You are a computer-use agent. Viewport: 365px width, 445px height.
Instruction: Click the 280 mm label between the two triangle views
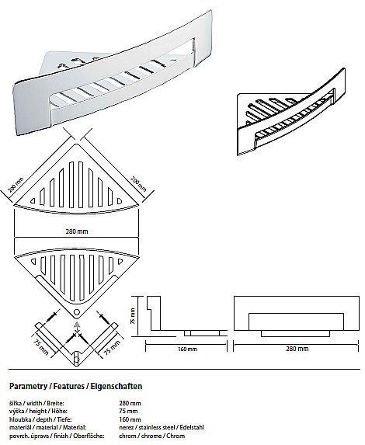pos(77,231)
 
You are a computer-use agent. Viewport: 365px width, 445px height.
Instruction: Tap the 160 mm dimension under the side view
pos(187,349)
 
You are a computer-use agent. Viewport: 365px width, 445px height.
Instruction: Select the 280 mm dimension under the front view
pos(297,349)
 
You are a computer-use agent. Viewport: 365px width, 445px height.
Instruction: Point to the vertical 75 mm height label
pos(133,316)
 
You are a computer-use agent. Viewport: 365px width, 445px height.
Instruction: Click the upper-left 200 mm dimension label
pos(16,185)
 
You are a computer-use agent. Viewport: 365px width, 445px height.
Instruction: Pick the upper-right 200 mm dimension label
pos(138,183)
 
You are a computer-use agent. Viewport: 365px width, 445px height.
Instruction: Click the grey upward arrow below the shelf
pos(76,325)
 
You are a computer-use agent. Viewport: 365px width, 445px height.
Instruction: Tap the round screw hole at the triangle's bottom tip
pos(76,312)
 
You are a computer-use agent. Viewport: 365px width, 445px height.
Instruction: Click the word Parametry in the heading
pos(28,386)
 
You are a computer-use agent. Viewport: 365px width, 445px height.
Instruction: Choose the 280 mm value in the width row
pos(130,403)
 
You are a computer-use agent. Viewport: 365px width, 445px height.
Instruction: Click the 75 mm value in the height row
pos(128,411)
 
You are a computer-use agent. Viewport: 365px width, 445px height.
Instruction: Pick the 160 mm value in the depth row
pos(130,419)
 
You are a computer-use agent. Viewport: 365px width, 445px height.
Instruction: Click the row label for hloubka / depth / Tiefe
pos(40,419)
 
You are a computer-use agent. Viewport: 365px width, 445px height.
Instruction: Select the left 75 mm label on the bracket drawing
pos(40,347)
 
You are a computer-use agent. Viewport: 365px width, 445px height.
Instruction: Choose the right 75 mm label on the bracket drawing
pos(112,347)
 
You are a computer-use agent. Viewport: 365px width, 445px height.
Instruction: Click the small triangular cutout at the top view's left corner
pos(33,201)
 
